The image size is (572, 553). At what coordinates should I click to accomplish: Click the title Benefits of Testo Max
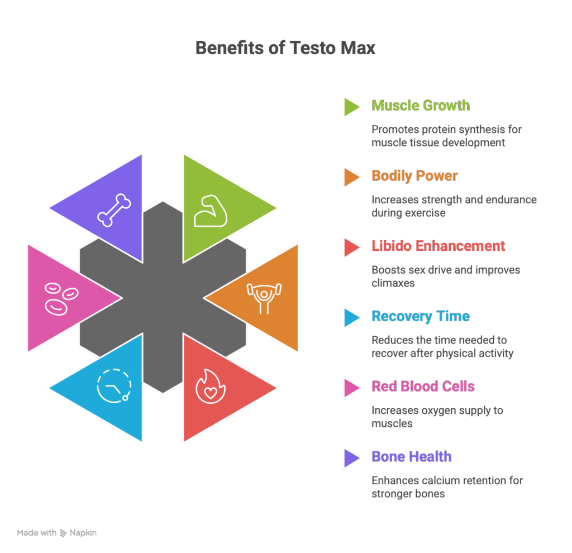pyautogui.click(x=285, y=49)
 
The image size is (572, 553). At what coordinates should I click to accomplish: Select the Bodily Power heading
pyautogui.click(x=414, y=176)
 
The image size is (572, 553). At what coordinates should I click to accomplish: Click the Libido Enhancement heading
pyautogui.click(x=438, y=246)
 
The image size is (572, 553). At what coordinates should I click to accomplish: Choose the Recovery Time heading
pyautogui.click(x=420, y=317)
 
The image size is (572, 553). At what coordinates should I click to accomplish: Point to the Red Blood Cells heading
pyautogui.click(x=423, y=387)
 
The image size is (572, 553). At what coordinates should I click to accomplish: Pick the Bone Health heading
pyautogui.click(x=411, y=457)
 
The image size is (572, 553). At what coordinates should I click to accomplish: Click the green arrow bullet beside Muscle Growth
pyautogui.click(x=351, y=106)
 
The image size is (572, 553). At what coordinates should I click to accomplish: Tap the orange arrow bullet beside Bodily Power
pyautogui.click(x=351, y=177)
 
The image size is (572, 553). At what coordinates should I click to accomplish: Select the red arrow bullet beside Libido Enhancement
pyautogui.click(x=351, y=247)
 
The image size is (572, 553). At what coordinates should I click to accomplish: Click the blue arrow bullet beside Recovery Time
pyautogui.click(x=351, y=317)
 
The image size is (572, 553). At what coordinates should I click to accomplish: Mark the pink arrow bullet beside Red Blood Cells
pyautogui.click(x=351, y=387)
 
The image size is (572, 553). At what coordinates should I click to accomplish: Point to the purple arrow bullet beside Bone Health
pyautogui.click(x=351, y=457)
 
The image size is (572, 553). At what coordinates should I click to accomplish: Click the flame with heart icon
pyautogui.click(x=209, y=386)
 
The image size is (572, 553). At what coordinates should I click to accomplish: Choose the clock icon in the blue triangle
pyautogui.click(x=114, y=386)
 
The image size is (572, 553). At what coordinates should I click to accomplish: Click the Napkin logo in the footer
pyautogui.click(x=78, y=533)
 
